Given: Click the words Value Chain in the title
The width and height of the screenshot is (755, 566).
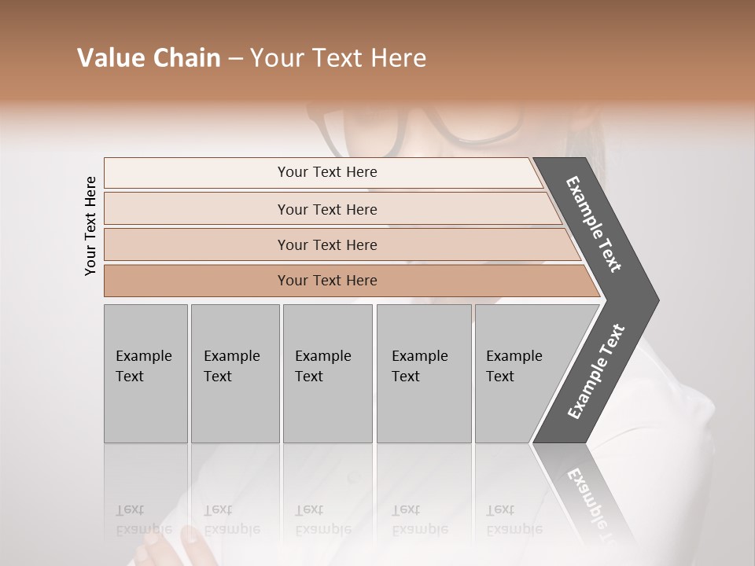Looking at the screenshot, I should pos(149,58).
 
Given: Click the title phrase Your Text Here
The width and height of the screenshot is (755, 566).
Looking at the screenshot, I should pos(338,58).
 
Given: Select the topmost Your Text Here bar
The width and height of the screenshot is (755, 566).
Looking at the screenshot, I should pos(326,172).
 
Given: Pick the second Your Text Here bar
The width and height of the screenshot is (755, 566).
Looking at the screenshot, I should pos(326,209).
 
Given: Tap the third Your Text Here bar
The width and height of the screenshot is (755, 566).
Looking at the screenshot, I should pos(326,244).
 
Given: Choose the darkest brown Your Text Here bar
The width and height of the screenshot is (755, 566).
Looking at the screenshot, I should pos(326,281).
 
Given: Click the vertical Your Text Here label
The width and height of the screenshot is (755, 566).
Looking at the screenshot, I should pos(90,226).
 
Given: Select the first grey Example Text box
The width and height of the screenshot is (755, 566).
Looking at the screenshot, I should pos(145,373).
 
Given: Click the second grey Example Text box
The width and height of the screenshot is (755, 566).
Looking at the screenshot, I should pos(234,373).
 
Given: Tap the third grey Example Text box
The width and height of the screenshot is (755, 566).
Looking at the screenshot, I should pos(326,373).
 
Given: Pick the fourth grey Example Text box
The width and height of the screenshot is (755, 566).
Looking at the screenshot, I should pos(423,373).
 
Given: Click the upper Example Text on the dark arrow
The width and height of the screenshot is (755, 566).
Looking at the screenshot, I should pos(594,224).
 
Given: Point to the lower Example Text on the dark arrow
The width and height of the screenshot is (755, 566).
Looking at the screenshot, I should pos(595,372).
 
